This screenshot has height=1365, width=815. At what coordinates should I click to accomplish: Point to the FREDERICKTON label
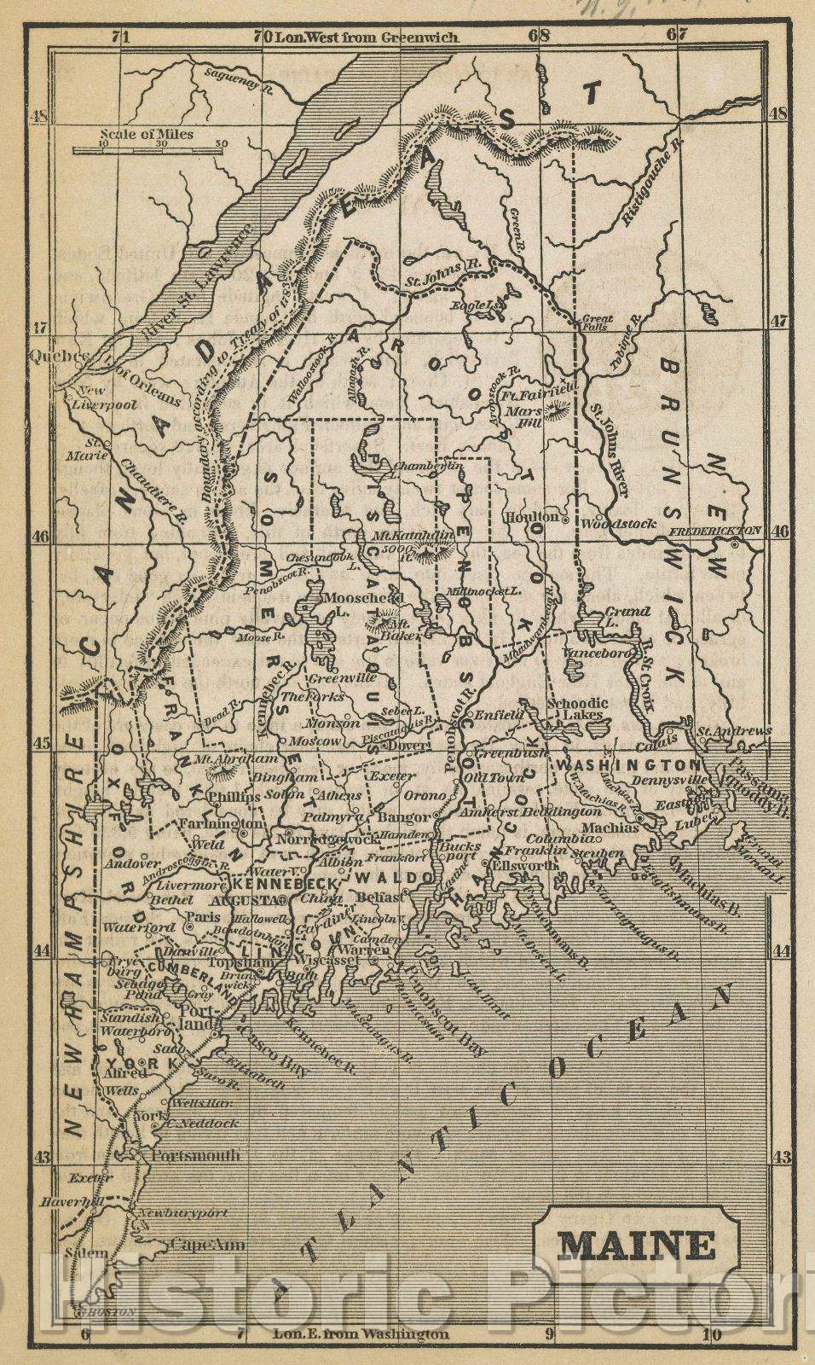714,530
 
